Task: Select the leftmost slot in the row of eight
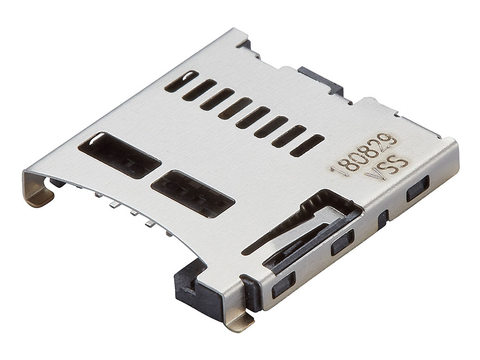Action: (x=181, y=82)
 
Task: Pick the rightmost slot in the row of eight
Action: (x=307, y=145)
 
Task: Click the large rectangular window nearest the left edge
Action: (x=119, y=155)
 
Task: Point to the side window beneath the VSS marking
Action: (x=417, y=187)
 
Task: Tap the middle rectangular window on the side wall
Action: (x=343, y=241)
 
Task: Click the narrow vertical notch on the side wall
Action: (x=383, y=218)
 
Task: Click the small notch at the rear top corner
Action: (x=244, y=45)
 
